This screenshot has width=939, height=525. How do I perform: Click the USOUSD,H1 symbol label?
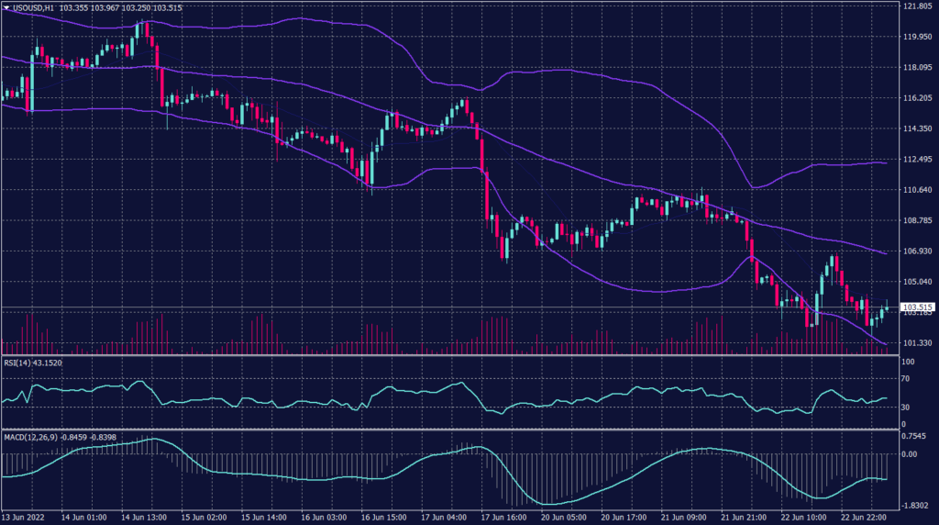click(x=33, y=6)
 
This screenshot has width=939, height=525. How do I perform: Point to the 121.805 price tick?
click(x=917, y=6)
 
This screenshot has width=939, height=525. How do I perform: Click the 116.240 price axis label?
click(x=917, y=98)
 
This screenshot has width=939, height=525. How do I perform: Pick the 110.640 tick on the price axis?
click(x=917, y=190)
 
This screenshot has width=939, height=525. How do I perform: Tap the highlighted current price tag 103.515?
click(x=918, y=307)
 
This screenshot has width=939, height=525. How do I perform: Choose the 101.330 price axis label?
click(x=917, y=343)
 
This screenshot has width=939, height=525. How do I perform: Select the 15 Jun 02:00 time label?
click(x=204, y=518)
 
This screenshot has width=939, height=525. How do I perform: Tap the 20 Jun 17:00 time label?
click(x=624, y=518)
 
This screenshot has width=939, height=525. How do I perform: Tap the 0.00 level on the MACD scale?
click(x=911, y=453)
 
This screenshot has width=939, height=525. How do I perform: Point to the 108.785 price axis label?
click(x=917, y=220)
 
